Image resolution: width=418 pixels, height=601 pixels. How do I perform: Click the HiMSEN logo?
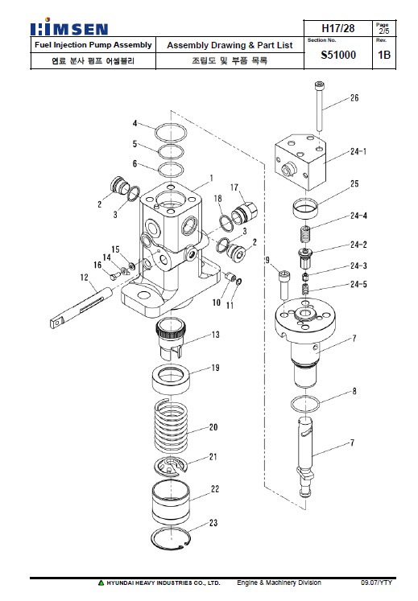click(69, 27)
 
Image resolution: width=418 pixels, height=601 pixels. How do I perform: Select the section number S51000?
click(338, 56)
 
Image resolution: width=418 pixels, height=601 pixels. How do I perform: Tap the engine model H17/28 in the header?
click(337, 28)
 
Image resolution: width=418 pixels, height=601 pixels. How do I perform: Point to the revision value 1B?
click(384, 55)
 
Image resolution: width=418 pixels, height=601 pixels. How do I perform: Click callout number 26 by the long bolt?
click(354, 97)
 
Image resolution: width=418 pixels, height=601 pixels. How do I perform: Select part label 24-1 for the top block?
click(358, 152)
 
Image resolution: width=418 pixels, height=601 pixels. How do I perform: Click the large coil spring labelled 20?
click(171, 425)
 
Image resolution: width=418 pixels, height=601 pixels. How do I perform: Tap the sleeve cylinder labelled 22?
click(171, 501)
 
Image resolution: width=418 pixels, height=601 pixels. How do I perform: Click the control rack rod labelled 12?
click(81, 307)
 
